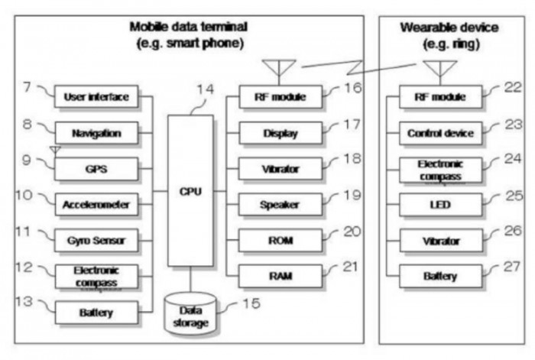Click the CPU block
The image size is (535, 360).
(x=190, y=191)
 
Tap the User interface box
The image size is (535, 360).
(x=96, y=97)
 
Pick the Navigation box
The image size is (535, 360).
(x=96, y=133)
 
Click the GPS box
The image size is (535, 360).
(x=96, y=169)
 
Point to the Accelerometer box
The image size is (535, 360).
(x=96, y=204)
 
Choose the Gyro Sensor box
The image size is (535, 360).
(x=96, y=241)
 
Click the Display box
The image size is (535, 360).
(x=280, y=133)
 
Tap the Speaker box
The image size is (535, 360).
(x=280, y=204)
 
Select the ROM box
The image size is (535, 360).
(x=280, y=241)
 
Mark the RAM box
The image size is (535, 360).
(x=280, y=276)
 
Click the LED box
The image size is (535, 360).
(x=440, y=205)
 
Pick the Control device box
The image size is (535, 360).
(x=440, y=133)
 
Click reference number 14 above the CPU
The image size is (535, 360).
(x=206, y=89)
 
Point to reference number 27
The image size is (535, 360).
(x=512, y=267)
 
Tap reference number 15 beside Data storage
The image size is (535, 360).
(x=251, y=303)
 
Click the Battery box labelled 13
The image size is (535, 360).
(x=96, y=312)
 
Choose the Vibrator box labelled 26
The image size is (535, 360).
(x=441, y=241)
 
